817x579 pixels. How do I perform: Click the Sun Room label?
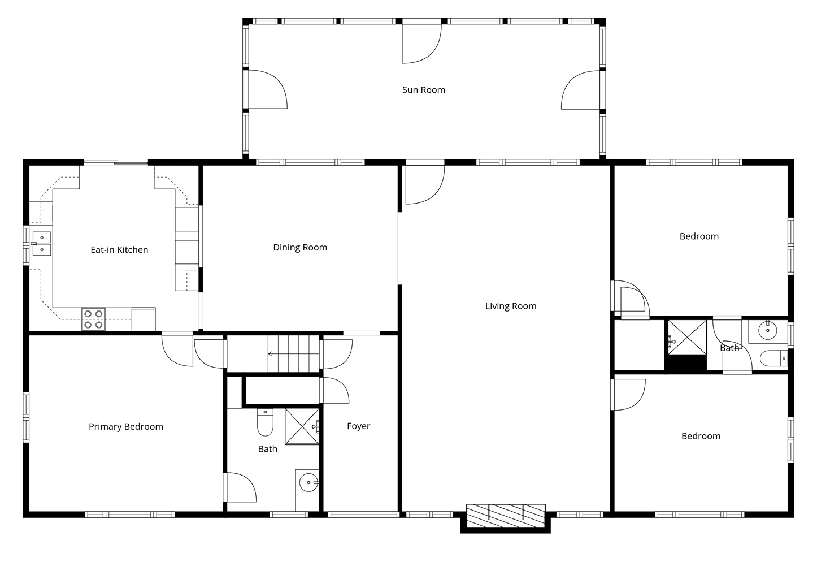click(x=423, y=90)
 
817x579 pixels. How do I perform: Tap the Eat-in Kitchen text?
click(x=119, y=250)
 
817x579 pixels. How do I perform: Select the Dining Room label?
click(x=300, y=248)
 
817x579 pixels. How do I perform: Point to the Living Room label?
click(x=511, y=306)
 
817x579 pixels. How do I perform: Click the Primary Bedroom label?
click(x=126, y=426)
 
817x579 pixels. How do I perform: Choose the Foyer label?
click(x=359, y=426)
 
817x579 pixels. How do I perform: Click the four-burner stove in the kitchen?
click(x=93, y=319)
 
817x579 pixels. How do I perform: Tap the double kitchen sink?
click(x=42, y=244)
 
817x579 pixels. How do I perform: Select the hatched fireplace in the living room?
click(x=506, y=516)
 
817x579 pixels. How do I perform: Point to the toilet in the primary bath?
click(x=265, y=422)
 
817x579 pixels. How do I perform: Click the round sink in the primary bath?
click(x=308, y=483)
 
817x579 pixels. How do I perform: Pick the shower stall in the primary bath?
click(x=302, y=426)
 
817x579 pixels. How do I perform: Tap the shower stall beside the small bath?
click(x=687, y=337)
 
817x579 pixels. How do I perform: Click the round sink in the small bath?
click(x=767, y=330)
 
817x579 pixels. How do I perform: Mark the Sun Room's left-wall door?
click(x=266, y=89)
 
